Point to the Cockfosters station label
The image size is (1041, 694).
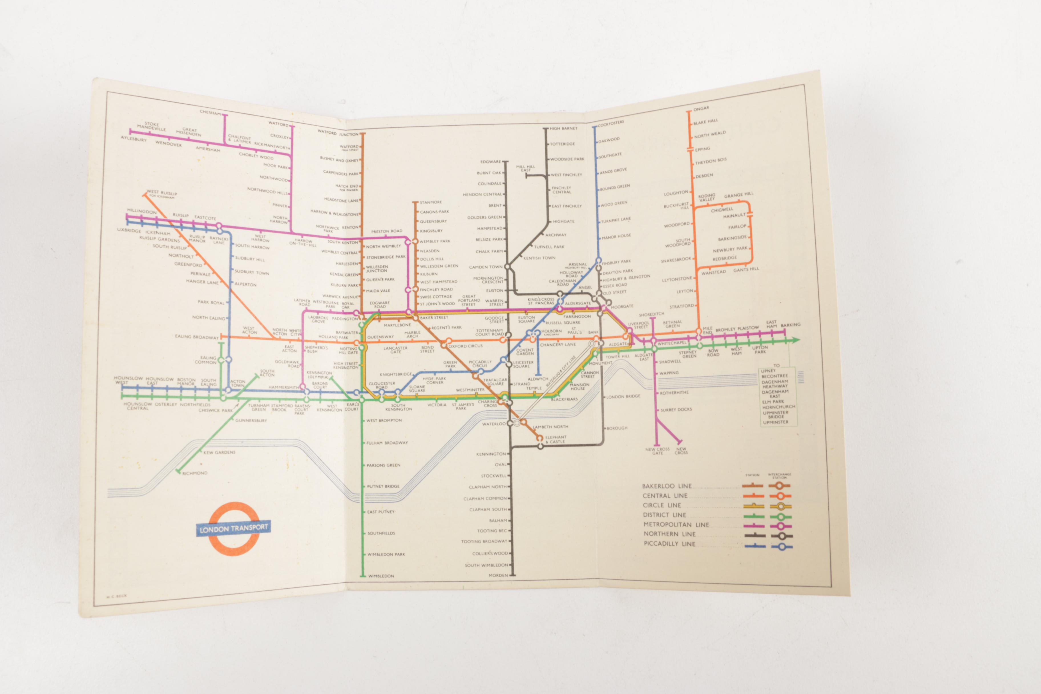click(611, 124)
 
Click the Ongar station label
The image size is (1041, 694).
click(701, 108)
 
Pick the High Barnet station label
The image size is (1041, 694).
click(563, 128)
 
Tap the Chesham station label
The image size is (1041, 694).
click(210, 112)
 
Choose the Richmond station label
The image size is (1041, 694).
click(195, 473)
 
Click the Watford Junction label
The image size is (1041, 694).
click(338, 133)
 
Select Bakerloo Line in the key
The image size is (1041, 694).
click(667, 486)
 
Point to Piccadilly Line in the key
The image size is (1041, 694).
click(669, 544)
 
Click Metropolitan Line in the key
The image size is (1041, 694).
click(676, 524)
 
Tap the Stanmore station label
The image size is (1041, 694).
click(431, 202)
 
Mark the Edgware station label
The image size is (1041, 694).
click(491, 162)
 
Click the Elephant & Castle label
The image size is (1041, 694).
click(556, 439)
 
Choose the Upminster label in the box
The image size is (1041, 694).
click(775, 422)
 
